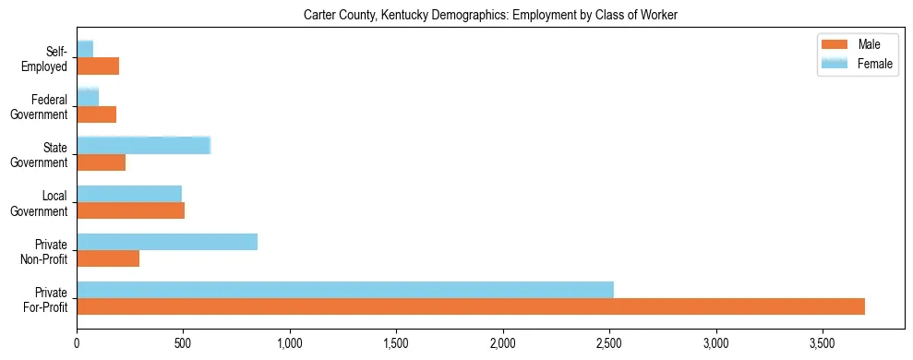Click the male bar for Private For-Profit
pos(471,306)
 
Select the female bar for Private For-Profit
pos(345,289)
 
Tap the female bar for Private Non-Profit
pos(167,242)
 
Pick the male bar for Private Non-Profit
pos(108,258)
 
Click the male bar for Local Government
pos(130,210)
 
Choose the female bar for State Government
pos(144,145)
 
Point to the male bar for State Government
pos(101,162)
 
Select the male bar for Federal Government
pos(96,114)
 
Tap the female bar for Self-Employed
pos(85,49)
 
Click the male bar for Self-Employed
pos(98,66)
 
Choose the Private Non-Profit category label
pos(46,250)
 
